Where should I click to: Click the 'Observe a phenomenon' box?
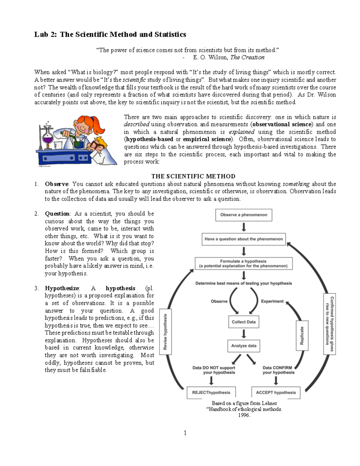tap(244, 215)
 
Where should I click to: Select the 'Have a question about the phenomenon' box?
tap(244, 239)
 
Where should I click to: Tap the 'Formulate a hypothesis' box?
tap(243, 263)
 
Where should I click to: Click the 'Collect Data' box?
tap(244, 322)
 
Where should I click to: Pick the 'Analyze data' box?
tap(244, 346)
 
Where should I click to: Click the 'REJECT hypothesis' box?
tap(211, 392)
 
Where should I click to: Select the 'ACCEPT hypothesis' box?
tap(276, 392)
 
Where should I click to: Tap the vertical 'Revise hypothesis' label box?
tap(165, 332)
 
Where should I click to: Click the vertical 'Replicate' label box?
tap(302, 335)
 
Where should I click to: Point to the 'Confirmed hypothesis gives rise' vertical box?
tap(329, 324)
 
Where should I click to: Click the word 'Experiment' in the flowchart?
tap(272, 301)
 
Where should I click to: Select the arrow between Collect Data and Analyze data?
tap(244, 334)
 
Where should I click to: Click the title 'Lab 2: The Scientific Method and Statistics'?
tap(110, 35)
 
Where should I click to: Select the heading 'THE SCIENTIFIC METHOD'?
tap(193, 176)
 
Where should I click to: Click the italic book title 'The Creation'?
tap(247, 57)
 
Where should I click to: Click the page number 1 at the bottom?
tap(185, 433)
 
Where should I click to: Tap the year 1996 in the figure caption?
tap(244, 415)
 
